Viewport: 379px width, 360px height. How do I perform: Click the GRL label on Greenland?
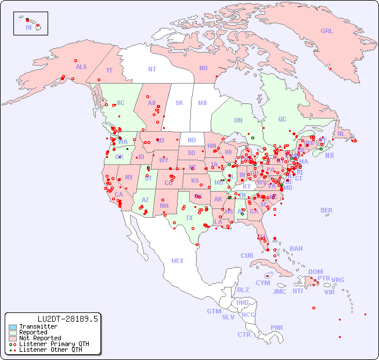click(327, 31)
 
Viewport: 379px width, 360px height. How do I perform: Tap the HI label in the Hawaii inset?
click(28, 27)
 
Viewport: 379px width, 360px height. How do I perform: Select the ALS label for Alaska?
click(81, 67)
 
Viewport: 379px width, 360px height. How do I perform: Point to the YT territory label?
click(109, 70)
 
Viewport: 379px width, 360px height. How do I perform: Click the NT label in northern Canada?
click(151, 69)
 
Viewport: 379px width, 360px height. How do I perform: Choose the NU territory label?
click(203, 68)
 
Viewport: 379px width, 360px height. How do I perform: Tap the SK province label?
click(179, 103)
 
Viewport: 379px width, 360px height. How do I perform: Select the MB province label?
click(202, 103)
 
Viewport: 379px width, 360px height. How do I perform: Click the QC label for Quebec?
click(282, 119)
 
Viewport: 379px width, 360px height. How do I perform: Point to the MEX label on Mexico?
click(178, 261)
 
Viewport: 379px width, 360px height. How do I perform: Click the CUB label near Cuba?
click(247, 255)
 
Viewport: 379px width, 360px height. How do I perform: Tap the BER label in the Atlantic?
click(327, 210)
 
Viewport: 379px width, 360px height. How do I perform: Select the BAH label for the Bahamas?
click(296, 249)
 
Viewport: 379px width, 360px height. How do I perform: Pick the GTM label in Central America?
click(214, 311)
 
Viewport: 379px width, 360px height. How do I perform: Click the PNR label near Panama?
click(277, 327)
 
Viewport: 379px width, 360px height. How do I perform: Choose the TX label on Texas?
click(189, 218)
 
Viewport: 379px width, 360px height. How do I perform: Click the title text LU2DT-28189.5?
click(67, 318)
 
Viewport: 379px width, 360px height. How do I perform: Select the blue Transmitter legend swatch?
click(13, 327)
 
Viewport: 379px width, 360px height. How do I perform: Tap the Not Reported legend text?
click(40, 338)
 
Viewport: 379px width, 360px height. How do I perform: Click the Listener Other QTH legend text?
click(50, 350)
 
